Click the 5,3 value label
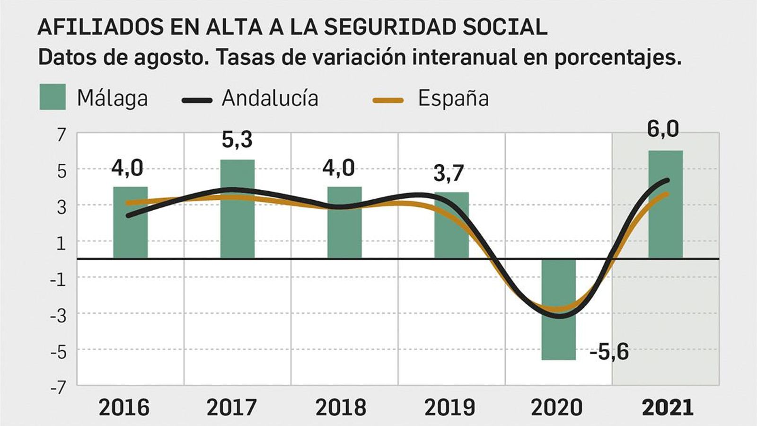coord(237,140)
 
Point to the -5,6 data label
coord(609,352)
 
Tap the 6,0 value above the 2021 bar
coord(662,129)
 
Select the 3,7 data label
coord(449,173)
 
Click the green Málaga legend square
coord(53,97)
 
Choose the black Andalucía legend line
coord(197,100)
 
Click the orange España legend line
coord(388,100)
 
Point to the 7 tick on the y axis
coord(62,135)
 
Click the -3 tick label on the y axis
coord(58,315)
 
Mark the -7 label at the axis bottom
coord(58,388)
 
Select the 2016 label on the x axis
coord(124,408)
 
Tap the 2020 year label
coord(556,408)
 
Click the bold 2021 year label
coord(667,408)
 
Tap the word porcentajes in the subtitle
coord(617,58)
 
